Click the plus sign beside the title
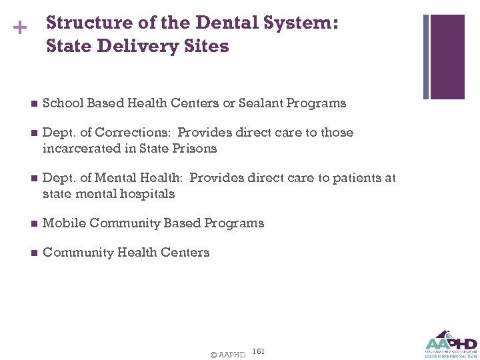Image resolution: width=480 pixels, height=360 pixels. point(21,29)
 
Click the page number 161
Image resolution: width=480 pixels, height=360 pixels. point(259,351)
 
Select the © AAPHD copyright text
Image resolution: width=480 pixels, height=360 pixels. point(227,355)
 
